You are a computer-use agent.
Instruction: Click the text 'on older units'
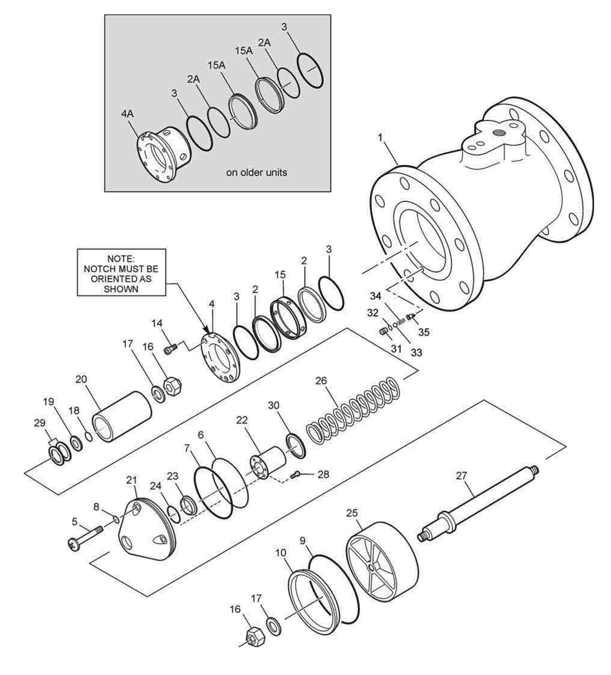pos(256,173)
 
